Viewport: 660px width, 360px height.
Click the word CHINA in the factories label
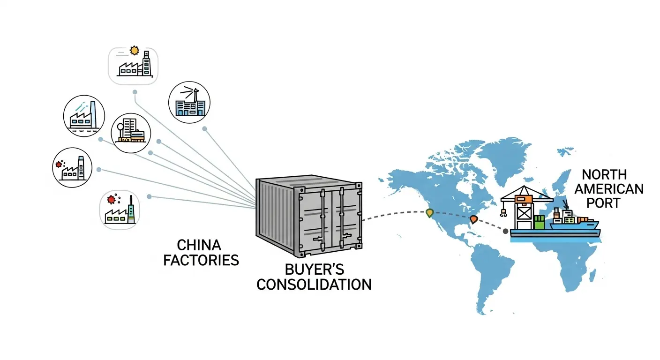pos(199,245)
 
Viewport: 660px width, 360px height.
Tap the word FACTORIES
pos(201,260)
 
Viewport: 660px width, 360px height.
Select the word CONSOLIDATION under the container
pos(314,284)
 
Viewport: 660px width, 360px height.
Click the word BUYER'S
pos(315,270)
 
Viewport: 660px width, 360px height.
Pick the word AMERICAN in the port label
pos(609,189)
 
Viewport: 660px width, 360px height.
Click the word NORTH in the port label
pos(604,175)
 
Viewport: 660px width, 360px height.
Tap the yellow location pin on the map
pos(429,213)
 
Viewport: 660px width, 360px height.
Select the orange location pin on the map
pos(473,219)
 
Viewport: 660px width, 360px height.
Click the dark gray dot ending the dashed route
pos(505,231)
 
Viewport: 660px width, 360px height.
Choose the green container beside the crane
pos(540,222)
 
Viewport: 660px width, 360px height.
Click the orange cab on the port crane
pos(520,200)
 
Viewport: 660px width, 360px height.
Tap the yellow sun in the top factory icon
pos(135,50)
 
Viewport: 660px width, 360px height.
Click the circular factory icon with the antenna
pos(189,102)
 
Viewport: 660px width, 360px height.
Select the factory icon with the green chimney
pos(120,209)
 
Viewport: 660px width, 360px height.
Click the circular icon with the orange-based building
pos(131,133)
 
